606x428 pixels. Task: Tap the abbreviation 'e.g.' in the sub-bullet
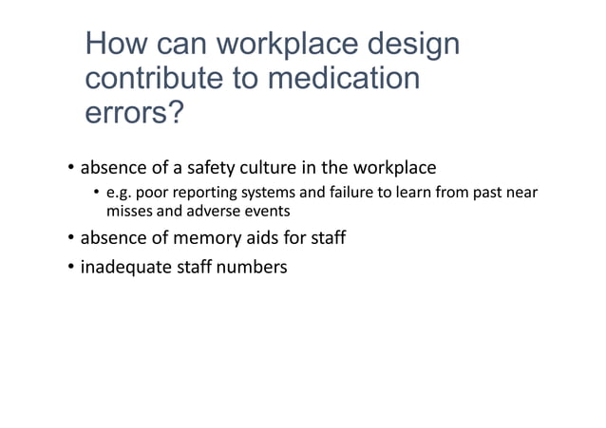(x=119, y=194)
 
